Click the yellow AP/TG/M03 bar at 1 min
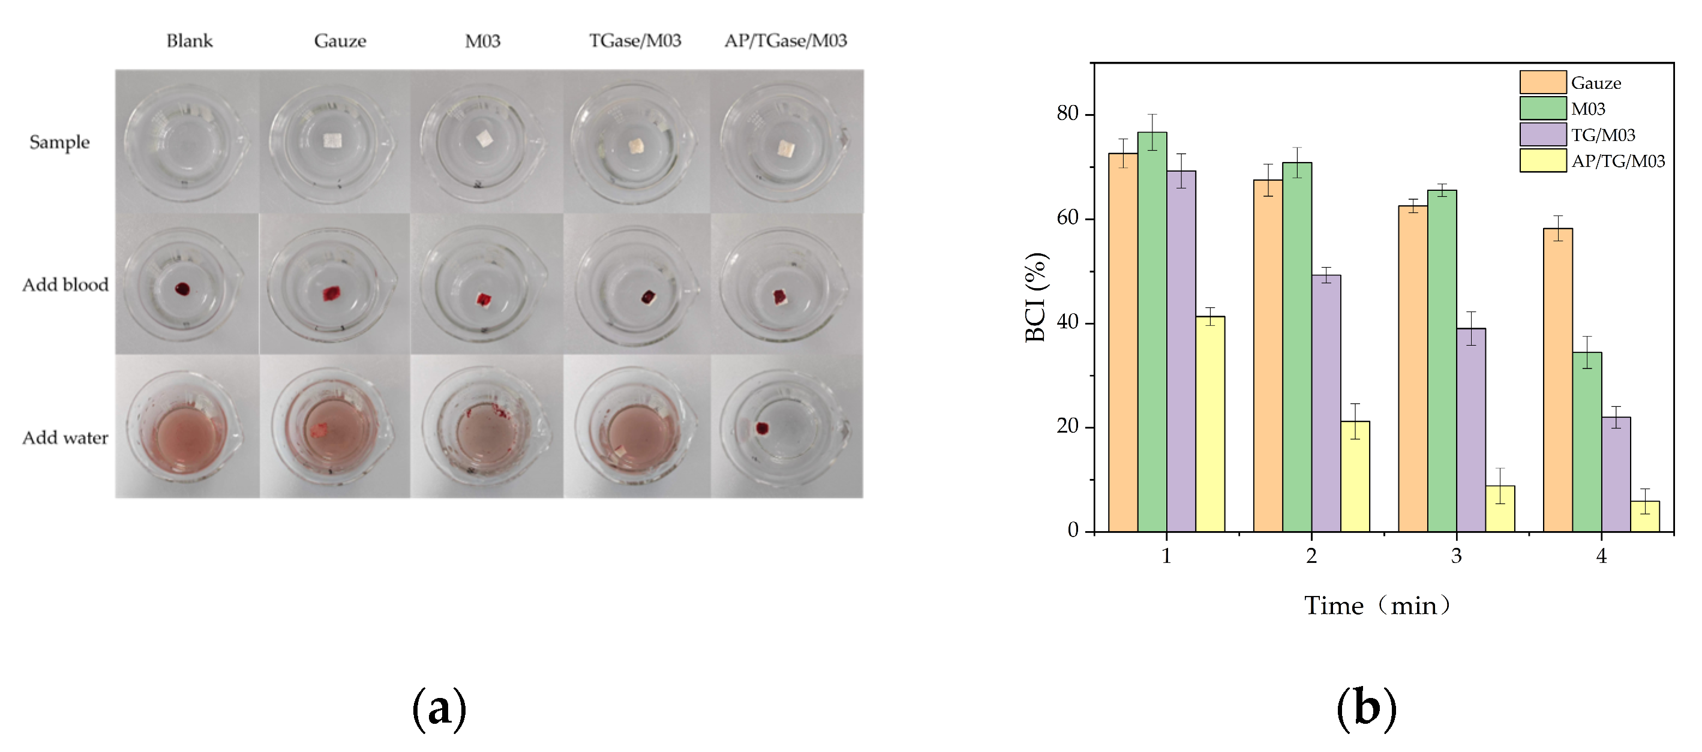tap(1210, 424)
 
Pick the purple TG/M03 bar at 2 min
tap(1326, 403)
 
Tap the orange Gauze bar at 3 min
tap(1413, 368)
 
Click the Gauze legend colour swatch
tap(1543, 82)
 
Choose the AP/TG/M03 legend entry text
tap(1617, 161)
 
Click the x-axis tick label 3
tap(1456, 556)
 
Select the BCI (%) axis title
tap(1035, 296)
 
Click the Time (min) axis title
tap(1377, 606)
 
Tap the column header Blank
tap(190, 41)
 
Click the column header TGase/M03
tap(634, 41)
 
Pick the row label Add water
tap(65, 438)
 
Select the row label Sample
tap(59, 142)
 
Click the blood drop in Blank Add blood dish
tap(182, 289)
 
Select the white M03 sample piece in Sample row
tap(485, 138)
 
